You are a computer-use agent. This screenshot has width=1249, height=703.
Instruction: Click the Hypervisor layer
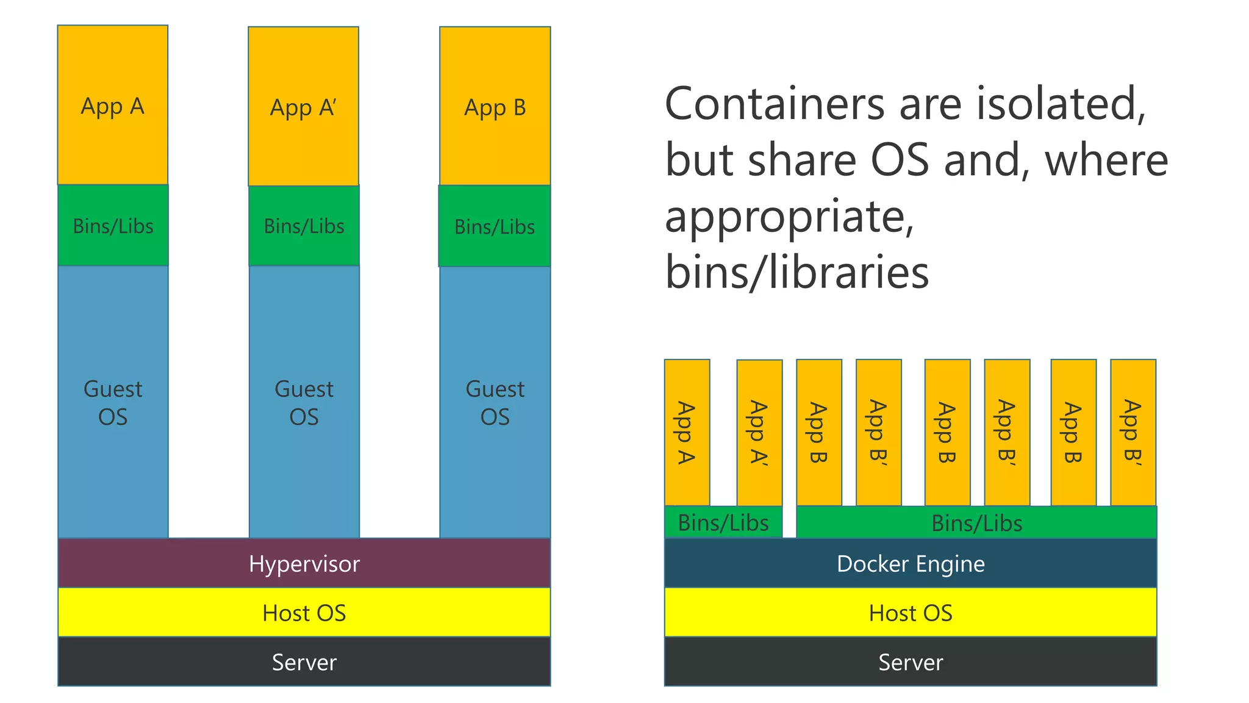pyautogui.click(x=304, y=563)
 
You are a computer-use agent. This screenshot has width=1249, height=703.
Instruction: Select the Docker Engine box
pyautogui.click(x=910, y=563)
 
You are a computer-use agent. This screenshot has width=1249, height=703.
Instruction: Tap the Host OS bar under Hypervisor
pyautogui.click(x=304, y=612)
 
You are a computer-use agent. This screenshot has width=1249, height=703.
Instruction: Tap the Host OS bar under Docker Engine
pyautogui.click(x=910, y=612)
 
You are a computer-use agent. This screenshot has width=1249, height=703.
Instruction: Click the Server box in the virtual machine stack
pyautogui.click(x=304, y=662)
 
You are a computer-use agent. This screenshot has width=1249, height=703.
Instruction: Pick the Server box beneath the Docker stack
pyautogui.click(x=910, y=662)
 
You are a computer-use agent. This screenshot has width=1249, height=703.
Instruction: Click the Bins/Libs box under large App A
pyautogui.click(x=113, y=226)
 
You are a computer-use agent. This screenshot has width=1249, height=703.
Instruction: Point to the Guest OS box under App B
pyautogui.click(x=495, y=403)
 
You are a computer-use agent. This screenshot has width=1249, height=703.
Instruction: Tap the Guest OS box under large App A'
pyautogui.click(x=304, y=403)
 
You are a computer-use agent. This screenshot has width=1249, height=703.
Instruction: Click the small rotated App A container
pyautogui.click(x=687, y=432)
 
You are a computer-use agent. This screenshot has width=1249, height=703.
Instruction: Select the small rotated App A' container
pyautogui.click(x=759, y=432)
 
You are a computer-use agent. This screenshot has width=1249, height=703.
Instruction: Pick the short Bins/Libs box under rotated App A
pyautogui.click(x=723, y=522)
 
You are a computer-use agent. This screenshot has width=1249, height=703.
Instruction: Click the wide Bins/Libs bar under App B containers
pyautogui.click(x=976, y=523)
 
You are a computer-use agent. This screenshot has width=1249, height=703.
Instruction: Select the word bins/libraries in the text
pyautogui.click(x=796, y=272)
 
